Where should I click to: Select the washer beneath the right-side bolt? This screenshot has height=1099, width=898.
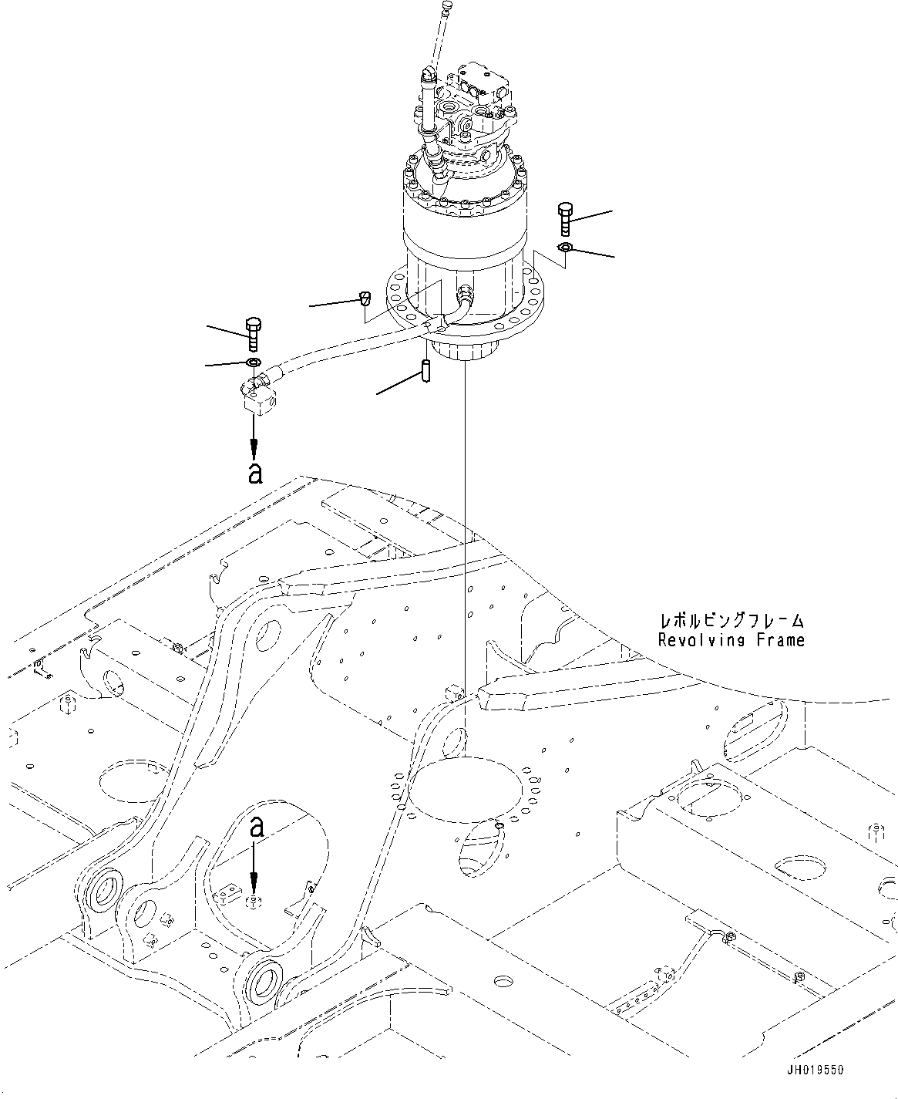(x=563, y=247)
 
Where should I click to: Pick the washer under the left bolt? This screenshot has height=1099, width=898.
(x=253, y=362)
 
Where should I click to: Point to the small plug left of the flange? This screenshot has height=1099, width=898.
(x=365, y=298)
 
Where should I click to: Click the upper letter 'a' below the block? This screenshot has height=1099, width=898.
(x=255, y=472)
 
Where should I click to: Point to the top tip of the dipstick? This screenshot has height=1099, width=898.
(x=447, y=5)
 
